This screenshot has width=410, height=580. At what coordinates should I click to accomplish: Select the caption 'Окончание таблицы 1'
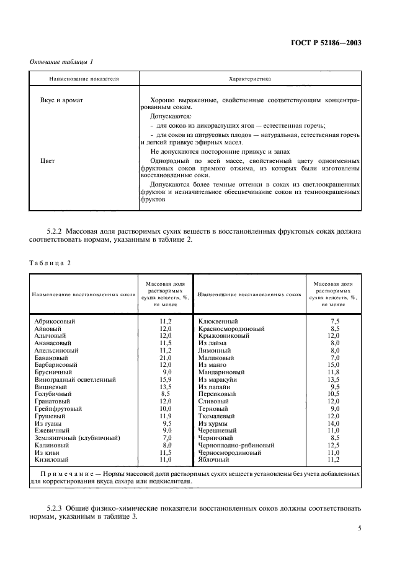pos(62,61)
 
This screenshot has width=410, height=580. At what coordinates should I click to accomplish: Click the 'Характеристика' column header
pos(250,79)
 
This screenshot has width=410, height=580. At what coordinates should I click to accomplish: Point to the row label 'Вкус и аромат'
pos(61,100)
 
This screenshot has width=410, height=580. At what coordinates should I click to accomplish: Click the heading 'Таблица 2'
pos(50,263)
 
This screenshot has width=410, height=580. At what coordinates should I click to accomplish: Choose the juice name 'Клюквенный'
pos(218,321)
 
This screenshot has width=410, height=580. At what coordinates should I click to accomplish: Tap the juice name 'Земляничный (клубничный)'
pos(77,437)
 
